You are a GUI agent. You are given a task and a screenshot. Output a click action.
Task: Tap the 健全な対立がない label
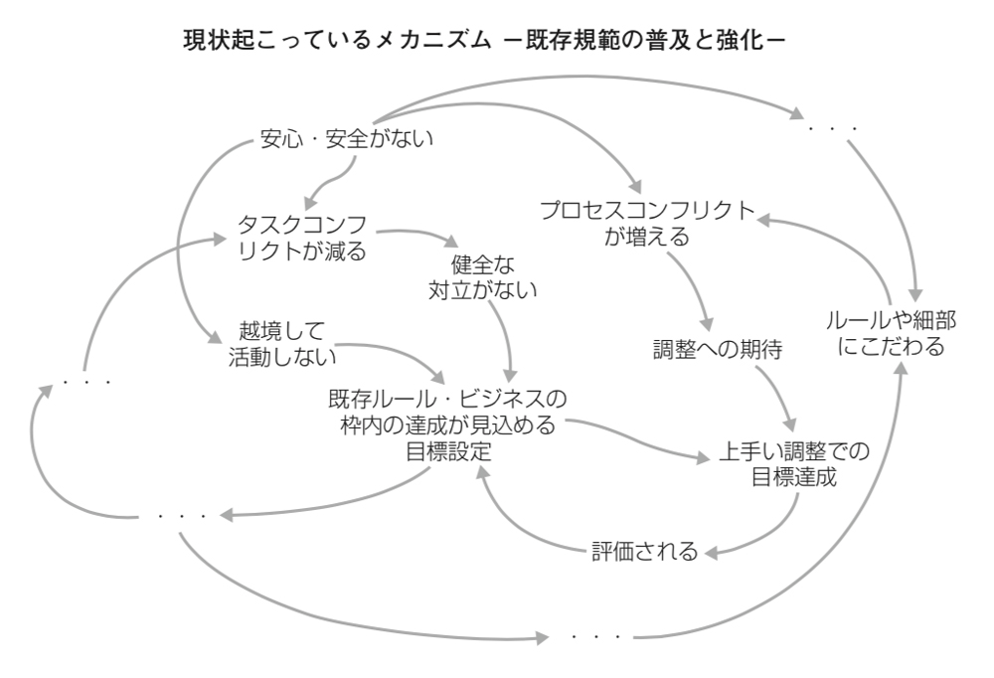click(482, 278)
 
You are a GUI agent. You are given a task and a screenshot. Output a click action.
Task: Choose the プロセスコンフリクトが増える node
click(647, 224)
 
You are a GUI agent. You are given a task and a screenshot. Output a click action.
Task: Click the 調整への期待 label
click(718, 349)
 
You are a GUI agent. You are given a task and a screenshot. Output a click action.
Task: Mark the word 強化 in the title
click(739, 42)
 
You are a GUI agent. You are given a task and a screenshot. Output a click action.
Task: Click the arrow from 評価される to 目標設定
click(517, 527)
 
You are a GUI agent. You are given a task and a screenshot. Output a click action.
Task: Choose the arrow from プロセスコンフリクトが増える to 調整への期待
click(691, 288)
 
